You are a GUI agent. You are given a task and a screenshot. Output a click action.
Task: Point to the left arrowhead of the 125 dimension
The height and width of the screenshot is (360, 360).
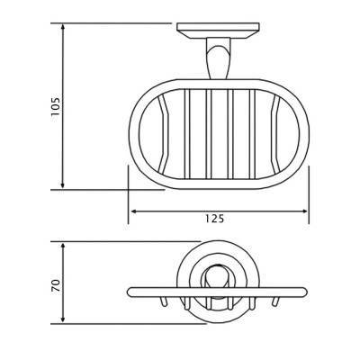click(134, 211)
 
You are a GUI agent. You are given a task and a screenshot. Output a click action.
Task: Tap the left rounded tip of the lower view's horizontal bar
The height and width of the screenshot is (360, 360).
click(131, 292)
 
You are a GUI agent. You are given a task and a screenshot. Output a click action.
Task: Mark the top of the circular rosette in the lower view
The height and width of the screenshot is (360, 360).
click(217, 244)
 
